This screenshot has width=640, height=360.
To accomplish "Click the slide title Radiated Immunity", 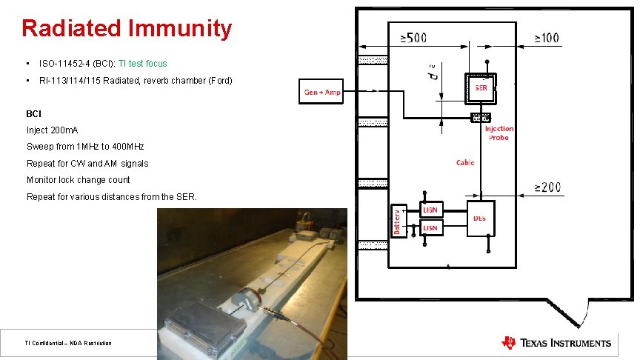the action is click(127, 28).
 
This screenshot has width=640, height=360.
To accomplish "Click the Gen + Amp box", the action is click(322, 92).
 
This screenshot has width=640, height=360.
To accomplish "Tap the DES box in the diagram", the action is click(480, 218).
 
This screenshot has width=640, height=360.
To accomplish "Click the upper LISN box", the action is click(430, 210).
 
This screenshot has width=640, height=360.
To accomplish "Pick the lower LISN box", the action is click(430, 228).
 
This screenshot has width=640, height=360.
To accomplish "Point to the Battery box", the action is click(397, 220).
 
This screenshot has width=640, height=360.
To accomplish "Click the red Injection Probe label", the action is click(499, 133).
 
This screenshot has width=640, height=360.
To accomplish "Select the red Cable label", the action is click(465, 162).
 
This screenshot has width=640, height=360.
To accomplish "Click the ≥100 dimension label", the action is click(546, 38).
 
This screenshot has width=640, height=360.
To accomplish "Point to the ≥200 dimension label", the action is click(547, 187).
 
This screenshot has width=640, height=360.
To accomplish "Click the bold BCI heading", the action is click(34, 114).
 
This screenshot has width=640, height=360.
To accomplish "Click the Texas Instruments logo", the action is click(556, 342).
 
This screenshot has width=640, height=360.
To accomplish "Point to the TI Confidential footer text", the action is click(67, 343).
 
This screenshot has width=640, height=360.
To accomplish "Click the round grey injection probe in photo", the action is click(244, 300).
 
